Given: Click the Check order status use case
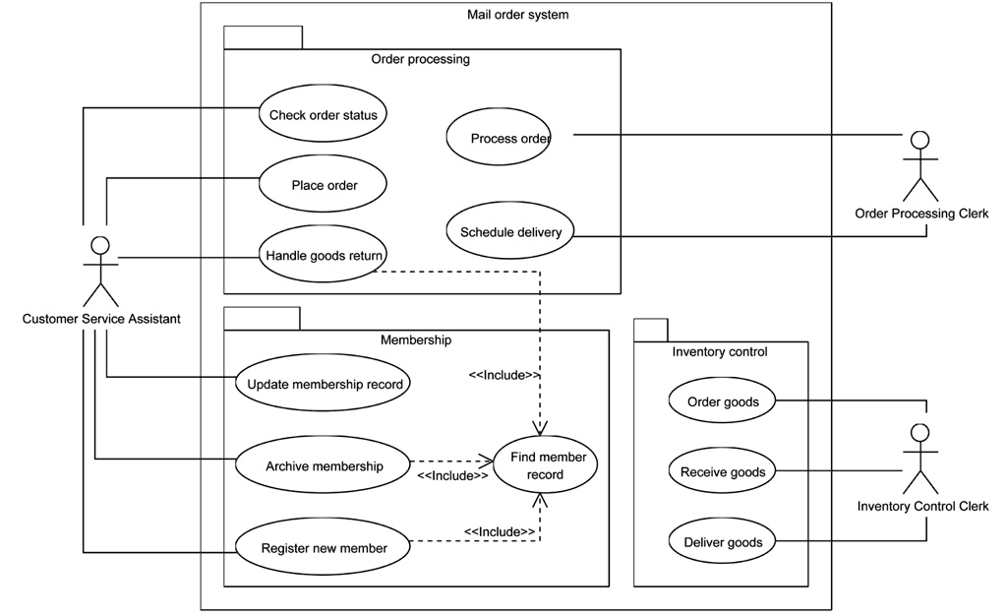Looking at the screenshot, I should click(323, 114).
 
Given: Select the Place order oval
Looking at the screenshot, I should click(324, 184).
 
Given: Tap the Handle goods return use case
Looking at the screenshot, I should click(323, 256).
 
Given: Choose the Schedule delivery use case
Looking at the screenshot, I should click(510, 232).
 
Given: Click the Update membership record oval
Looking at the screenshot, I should click(324, 384).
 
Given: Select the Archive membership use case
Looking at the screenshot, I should click(324, 465).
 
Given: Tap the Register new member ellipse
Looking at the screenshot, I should click(324, 547).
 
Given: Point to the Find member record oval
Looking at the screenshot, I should click(543, 465).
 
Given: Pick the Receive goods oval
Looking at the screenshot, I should click(722, 471).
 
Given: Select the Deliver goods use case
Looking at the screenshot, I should click(722, 541).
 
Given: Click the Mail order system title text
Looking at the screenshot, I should click(517, 14).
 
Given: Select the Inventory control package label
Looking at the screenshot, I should click(719, 351).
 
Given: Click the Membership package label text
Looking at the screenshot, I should click(415, 339).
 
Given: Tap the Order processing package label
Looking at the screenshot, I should click(420, 59).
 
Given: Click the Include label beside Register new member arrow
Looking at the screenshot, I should click(500, 531).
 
